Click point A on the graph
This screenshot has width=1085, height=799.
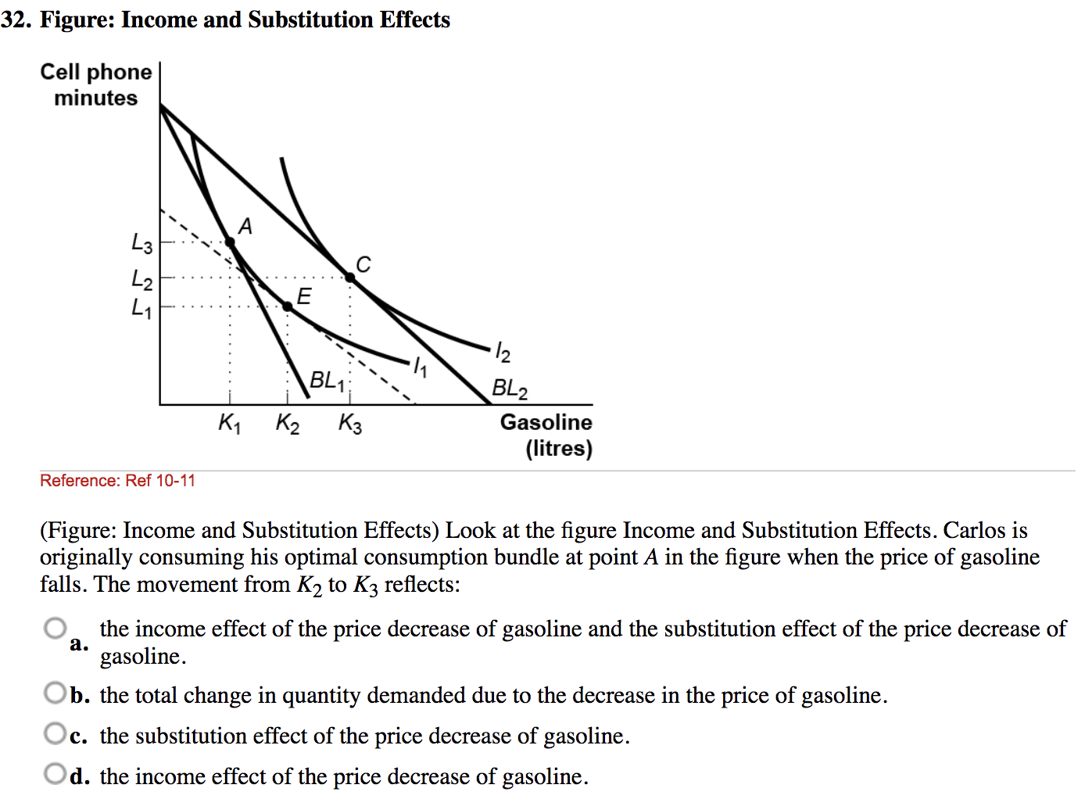230,242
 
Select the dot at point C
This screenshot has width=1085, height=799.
349,276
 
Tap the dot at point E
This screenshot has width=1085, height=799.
288,306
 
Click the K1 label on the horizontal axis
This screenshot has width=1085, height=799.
229,424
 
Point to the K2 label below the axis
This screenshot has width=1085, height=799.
287,424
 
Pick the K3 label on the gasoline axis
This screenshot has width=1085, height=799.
349,424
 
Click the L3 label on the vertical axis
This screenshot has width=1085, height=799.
141,243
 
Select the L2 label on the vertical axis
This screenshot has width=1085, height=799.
141,278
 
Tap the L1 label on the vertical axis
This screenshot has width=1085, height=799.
141,307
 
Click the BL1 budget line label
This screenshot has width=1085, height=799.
327,381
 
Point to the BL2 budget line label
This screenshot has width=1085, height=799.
509,388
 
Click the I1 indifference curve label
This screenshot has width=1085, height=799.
420,366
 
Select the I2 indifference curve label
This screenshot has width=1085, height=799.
503,353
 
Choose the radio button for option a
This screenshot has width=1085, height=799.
56,628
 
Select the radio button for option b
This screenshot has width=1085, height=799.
56,693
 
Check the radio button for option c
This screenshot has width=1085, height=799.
56,733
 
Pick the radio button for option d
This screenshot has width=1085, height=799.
56,774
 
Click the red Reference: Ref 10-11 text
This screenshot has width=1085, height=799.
117,481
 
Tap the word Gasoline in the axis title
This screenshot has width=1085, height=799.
546,422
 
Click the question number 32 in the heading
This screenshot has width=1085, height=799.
15,20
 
